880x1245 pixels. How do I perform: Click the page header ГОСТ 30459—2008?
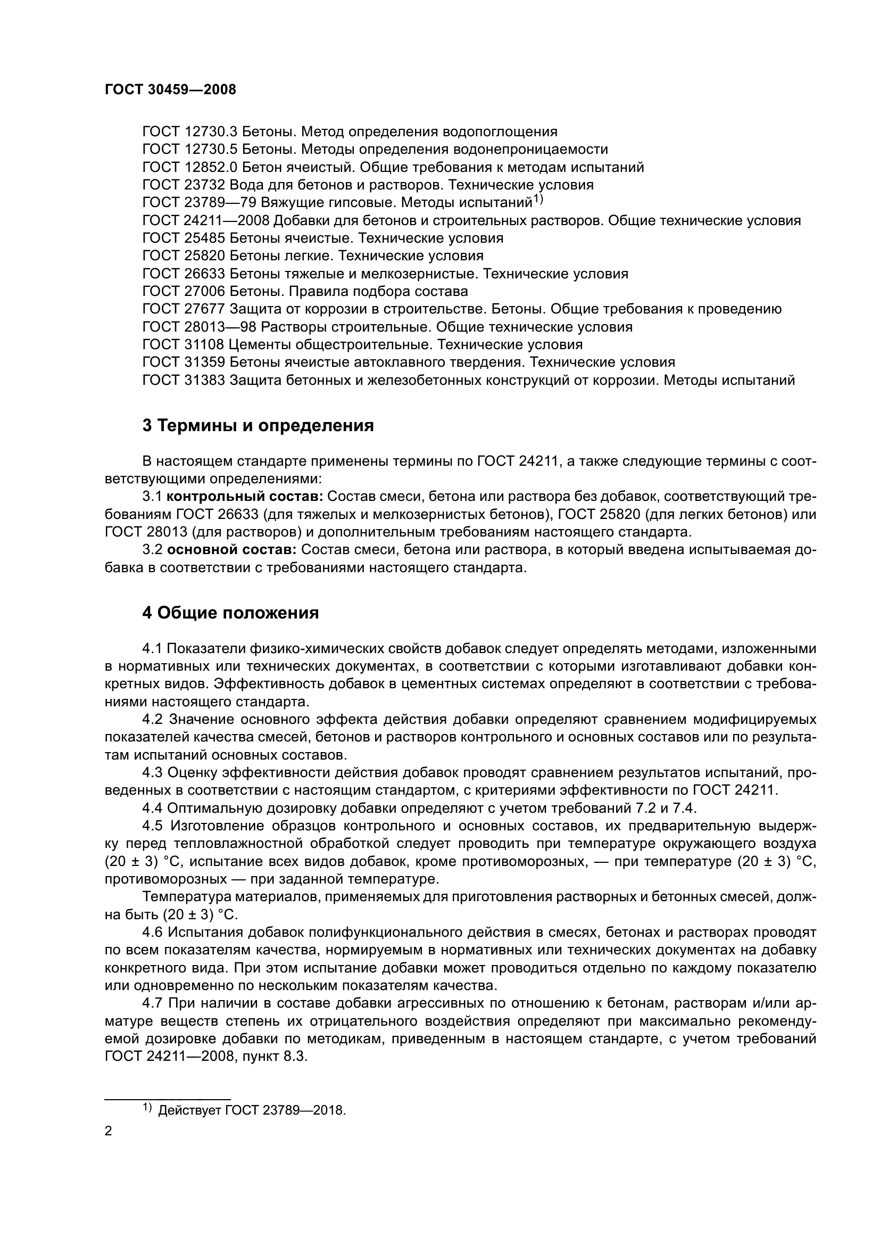tap(170, 90)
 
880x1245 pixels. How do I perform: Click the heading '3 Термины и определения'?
tap(258, 426)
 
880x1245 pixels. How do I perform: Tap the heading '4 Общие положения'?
tap(230, 614)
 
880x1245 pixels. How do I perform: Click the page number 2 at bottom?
tap(108, 1132)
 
